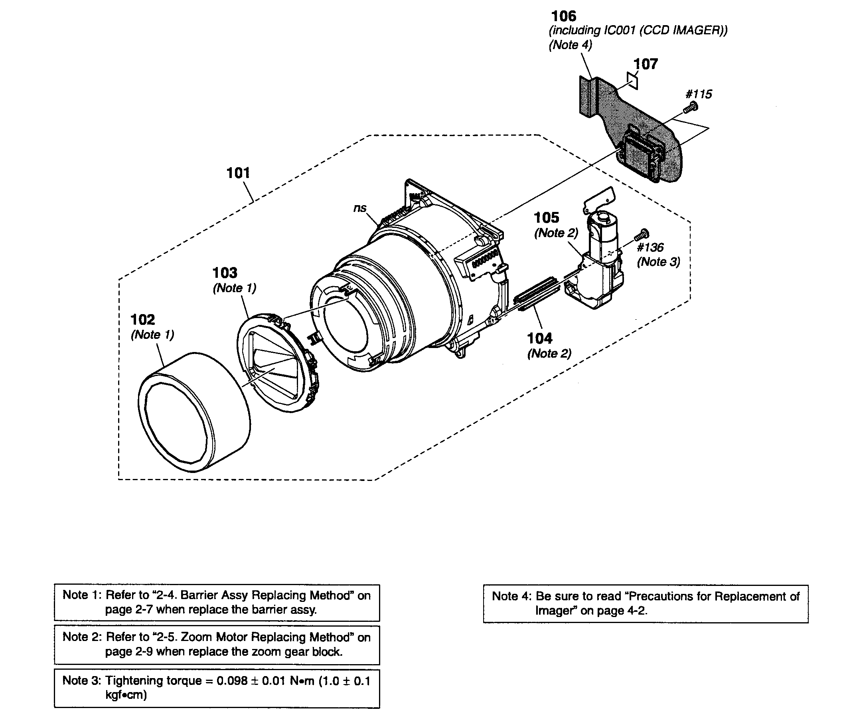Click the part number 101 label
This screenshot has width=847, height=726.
pos(238,173)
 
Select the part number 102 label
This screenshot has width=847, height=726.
pos(143,319)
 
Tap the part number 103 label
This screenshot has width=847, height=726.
pos(225,273)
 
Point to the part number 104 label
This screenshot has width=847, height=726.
pos(539,338)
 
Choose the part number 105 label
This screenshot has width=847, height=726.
pos(547,218)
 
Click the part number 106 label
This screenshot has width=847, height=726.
pos(564,16)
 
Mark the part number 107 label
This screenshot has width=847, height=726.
pos(646,64)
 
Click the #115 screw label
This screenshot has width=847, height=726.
pos(699,94)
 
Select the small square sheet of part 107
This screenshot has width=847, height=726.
pos(632,81)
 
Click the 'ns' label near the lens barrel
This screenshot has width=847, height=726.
pos(360,208)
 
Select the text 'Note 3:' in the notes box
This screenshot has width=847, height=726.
pos(82,681)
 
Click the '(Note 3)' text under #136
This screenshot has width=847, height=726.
pos(658,262)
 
